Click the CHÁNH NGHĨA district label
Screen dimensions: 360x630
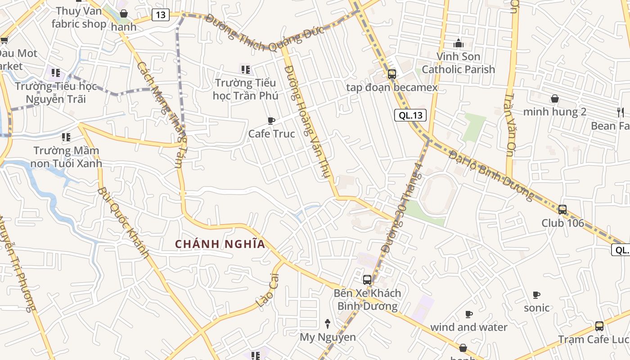tap(220, 244)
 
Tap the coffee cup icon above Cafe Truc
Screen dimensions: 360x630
tap(271, 121)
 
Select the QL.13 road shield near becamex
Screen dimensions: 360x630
tap(410, 115)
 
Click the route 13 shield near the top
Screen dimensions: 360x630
tap(160, 15)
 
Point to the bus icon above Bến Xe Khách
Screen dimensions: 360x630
tap(367, 279)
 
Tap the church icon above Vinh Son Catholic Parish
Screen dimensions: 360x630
tap(459, 43)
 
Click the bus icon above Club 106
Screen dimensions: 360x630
tap(562, 209)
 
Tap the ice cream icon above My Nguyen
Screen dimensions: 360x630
tap(328, 324)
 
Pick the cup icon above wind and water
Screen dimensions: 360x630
tap(468, 314)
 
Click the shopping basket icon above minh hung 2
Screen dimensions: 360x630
tap(555, 99)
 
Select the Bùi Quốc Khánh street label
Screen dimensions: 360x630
tap(123, 222)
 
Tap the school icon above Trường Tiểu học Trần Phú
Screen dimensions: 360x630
tap(245, 70)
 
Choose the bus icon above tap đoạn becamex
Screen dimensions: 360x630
tap(391, 74)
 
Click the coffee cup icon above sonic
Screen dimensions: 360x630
tap(536, 295)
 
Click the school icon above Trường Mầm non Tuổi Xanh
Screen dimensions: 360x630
tap(66, 137)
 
